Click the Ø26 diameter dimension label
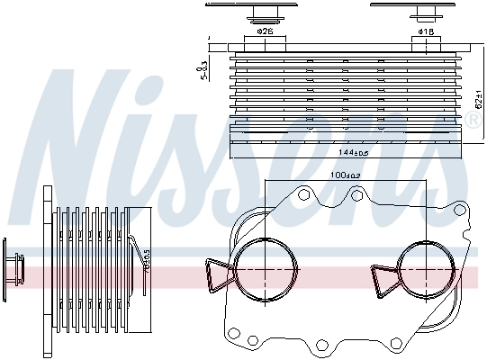265,32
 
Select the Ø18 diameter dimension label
426,32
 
